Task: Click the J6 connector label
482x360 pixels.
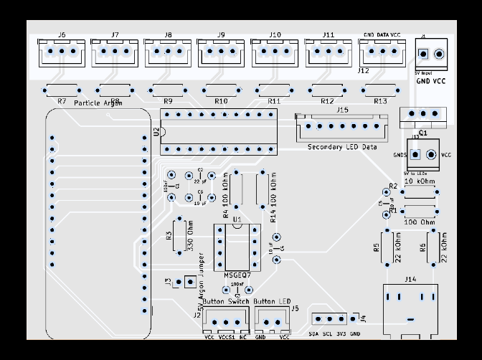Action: [x=61, y=34]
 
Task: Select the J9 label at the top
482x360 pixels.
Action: [x=220, y=34]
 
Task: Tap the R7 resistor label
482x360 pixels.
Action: [x=61, y=102]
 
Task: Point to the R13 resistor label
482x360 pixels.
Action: [x=380, y=102]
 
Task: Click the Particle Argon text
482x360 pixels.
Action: [x=98, y=103]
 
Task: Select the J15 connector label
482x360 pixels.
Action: [x=342, y=110]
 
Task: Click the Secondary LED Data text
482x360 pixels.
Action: [x=342, y=147]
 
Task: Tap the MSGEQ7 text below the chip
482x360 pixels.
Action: [x=237, y=275]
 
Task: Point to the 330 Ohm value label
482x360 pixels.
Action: [x=190, y=237]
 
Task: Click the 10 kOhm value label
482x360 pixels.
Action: [x=420, y=182]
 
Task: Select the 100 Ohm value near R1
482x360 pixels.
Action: [x=420, y=222]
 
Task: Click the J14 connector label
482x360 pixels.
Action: [x=410, y=278]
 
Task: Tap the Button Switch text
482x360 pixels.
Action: [x=226, y=301]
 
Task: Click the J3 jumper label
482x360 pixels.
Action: [x=168, y=282]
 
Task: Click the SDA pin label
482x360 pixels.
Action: [x=314, y=334]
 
